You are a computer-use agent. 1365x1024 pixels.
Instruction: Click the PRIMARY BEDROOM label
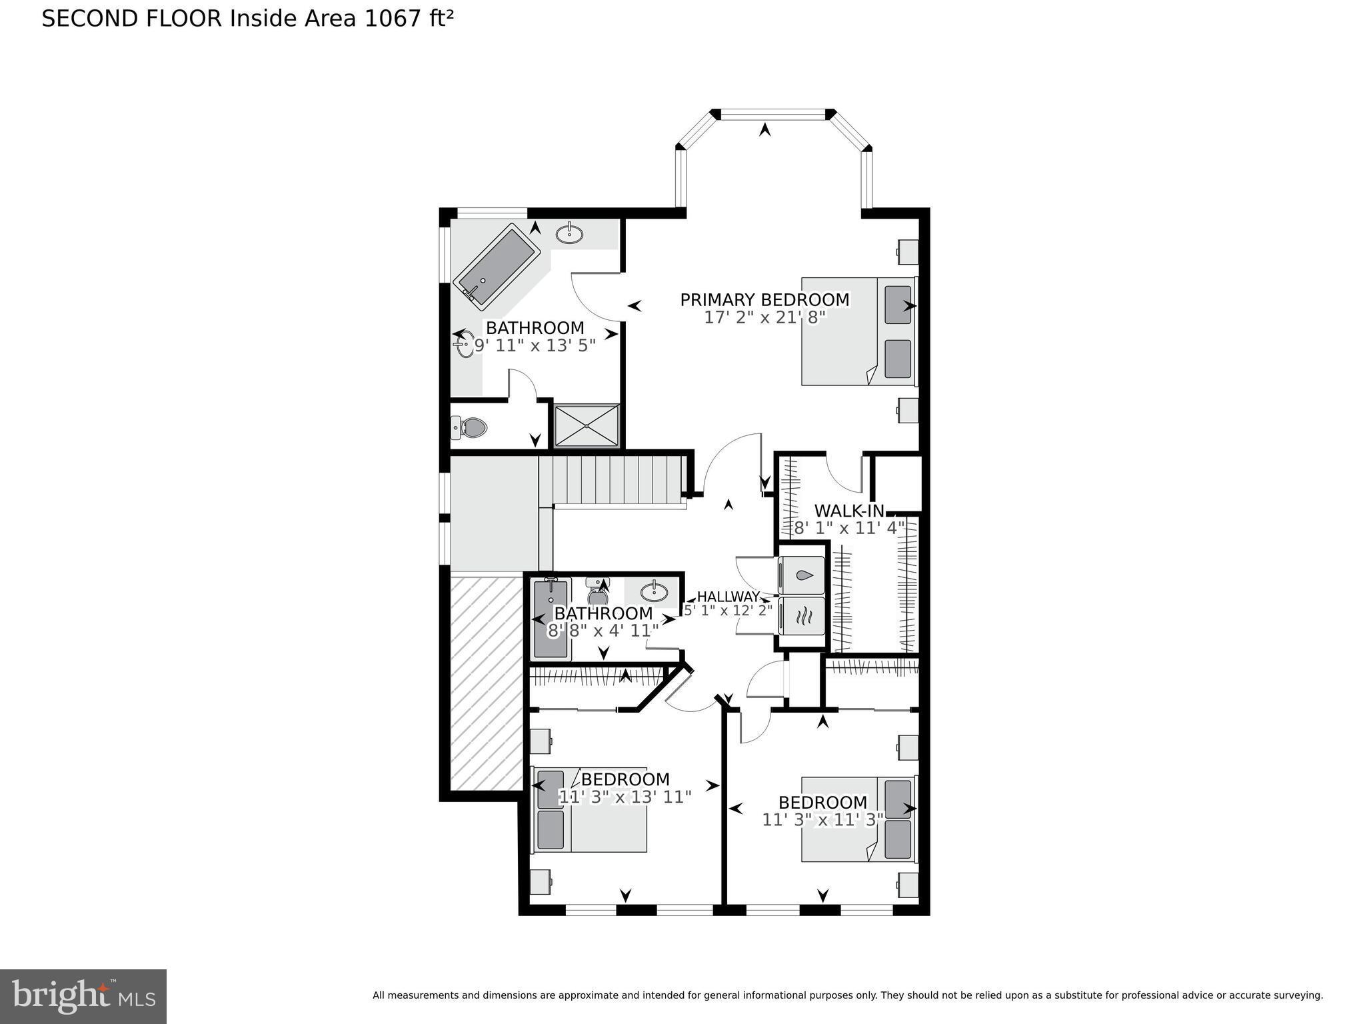tap(764, 300)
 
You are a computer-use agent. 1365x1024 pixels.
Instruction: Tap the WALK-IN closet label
tap(849, 511)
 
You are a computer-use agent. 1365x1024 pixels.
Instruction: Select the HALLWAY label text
tap(728, 597)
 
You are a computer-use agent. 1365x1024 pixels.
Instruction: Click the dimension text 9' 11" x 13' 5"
tap(535, 345)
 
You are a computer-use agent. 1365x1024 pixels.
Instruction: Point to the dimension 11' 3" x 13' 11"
tap(625, 797)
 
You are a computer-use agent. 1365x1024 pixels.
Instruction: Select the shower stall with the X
tap(587, 426)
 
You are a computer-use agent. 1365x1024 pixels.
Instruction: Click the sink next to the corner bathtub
tap(569, 234)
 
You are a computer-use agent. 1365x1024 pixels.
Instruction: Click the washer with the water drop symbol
tap(802, 575)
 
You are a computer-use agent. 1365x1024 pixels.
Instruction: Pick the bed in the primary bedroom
tap(858, 331)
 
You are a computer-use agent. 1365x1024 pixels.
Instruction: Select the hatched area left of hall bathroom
tap(486, 683)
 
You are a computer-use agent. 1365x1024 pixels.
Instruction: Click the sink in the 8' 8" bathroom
tap(654, 591)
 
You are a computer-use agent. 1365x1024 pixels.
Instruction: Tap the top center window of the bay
tap(773, 115)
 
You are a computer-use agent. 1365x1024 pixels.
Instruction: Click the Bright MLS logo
tap(83, 997)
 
